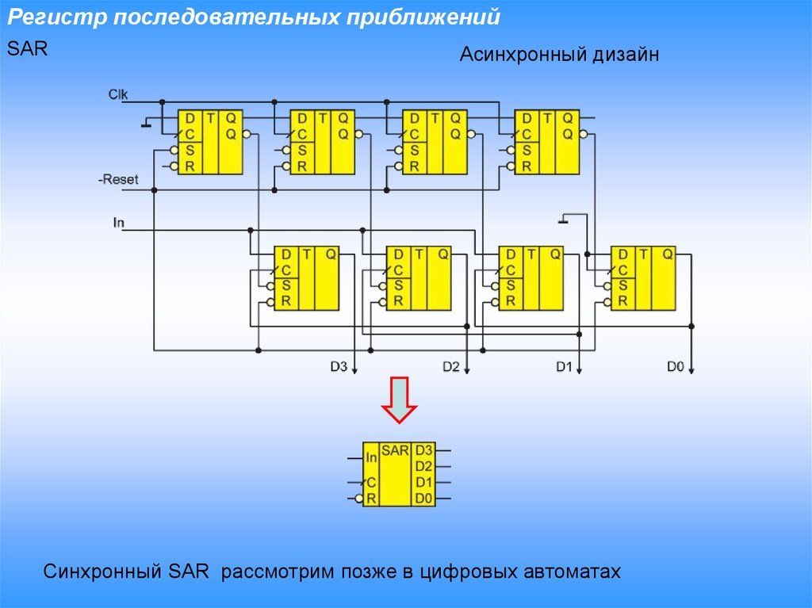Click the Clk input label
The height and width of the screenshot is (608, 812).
coord(118,94)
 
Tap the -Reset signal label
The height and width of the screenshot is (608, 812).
coord(118,180)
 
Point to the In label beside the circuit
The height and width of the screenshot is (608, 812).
coord(119,223)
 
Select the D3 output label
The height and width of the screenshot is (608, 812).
coord(339,366)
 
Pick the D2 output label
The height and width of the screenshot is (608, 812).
coord(451,366)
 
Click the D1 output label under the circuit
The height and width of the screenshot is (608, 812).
coord(563,366)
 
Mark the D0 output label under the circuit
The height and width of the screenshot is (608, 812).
coord(676,366)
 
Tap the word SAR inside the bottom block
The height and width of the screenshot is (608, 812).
coord(395,450)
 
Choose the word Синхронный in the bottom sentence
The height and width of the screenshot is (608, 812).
coord(101,571)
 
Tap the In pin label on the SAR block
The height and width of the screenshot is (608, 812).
coord(371,457)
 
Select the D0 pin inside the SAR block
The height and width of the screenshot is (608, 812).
coord(423,499)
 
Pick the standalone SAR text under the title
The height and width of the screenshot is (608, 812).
coord(28,48)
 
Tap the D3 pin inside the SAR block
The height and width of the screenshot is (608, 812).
coord(423,450)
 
